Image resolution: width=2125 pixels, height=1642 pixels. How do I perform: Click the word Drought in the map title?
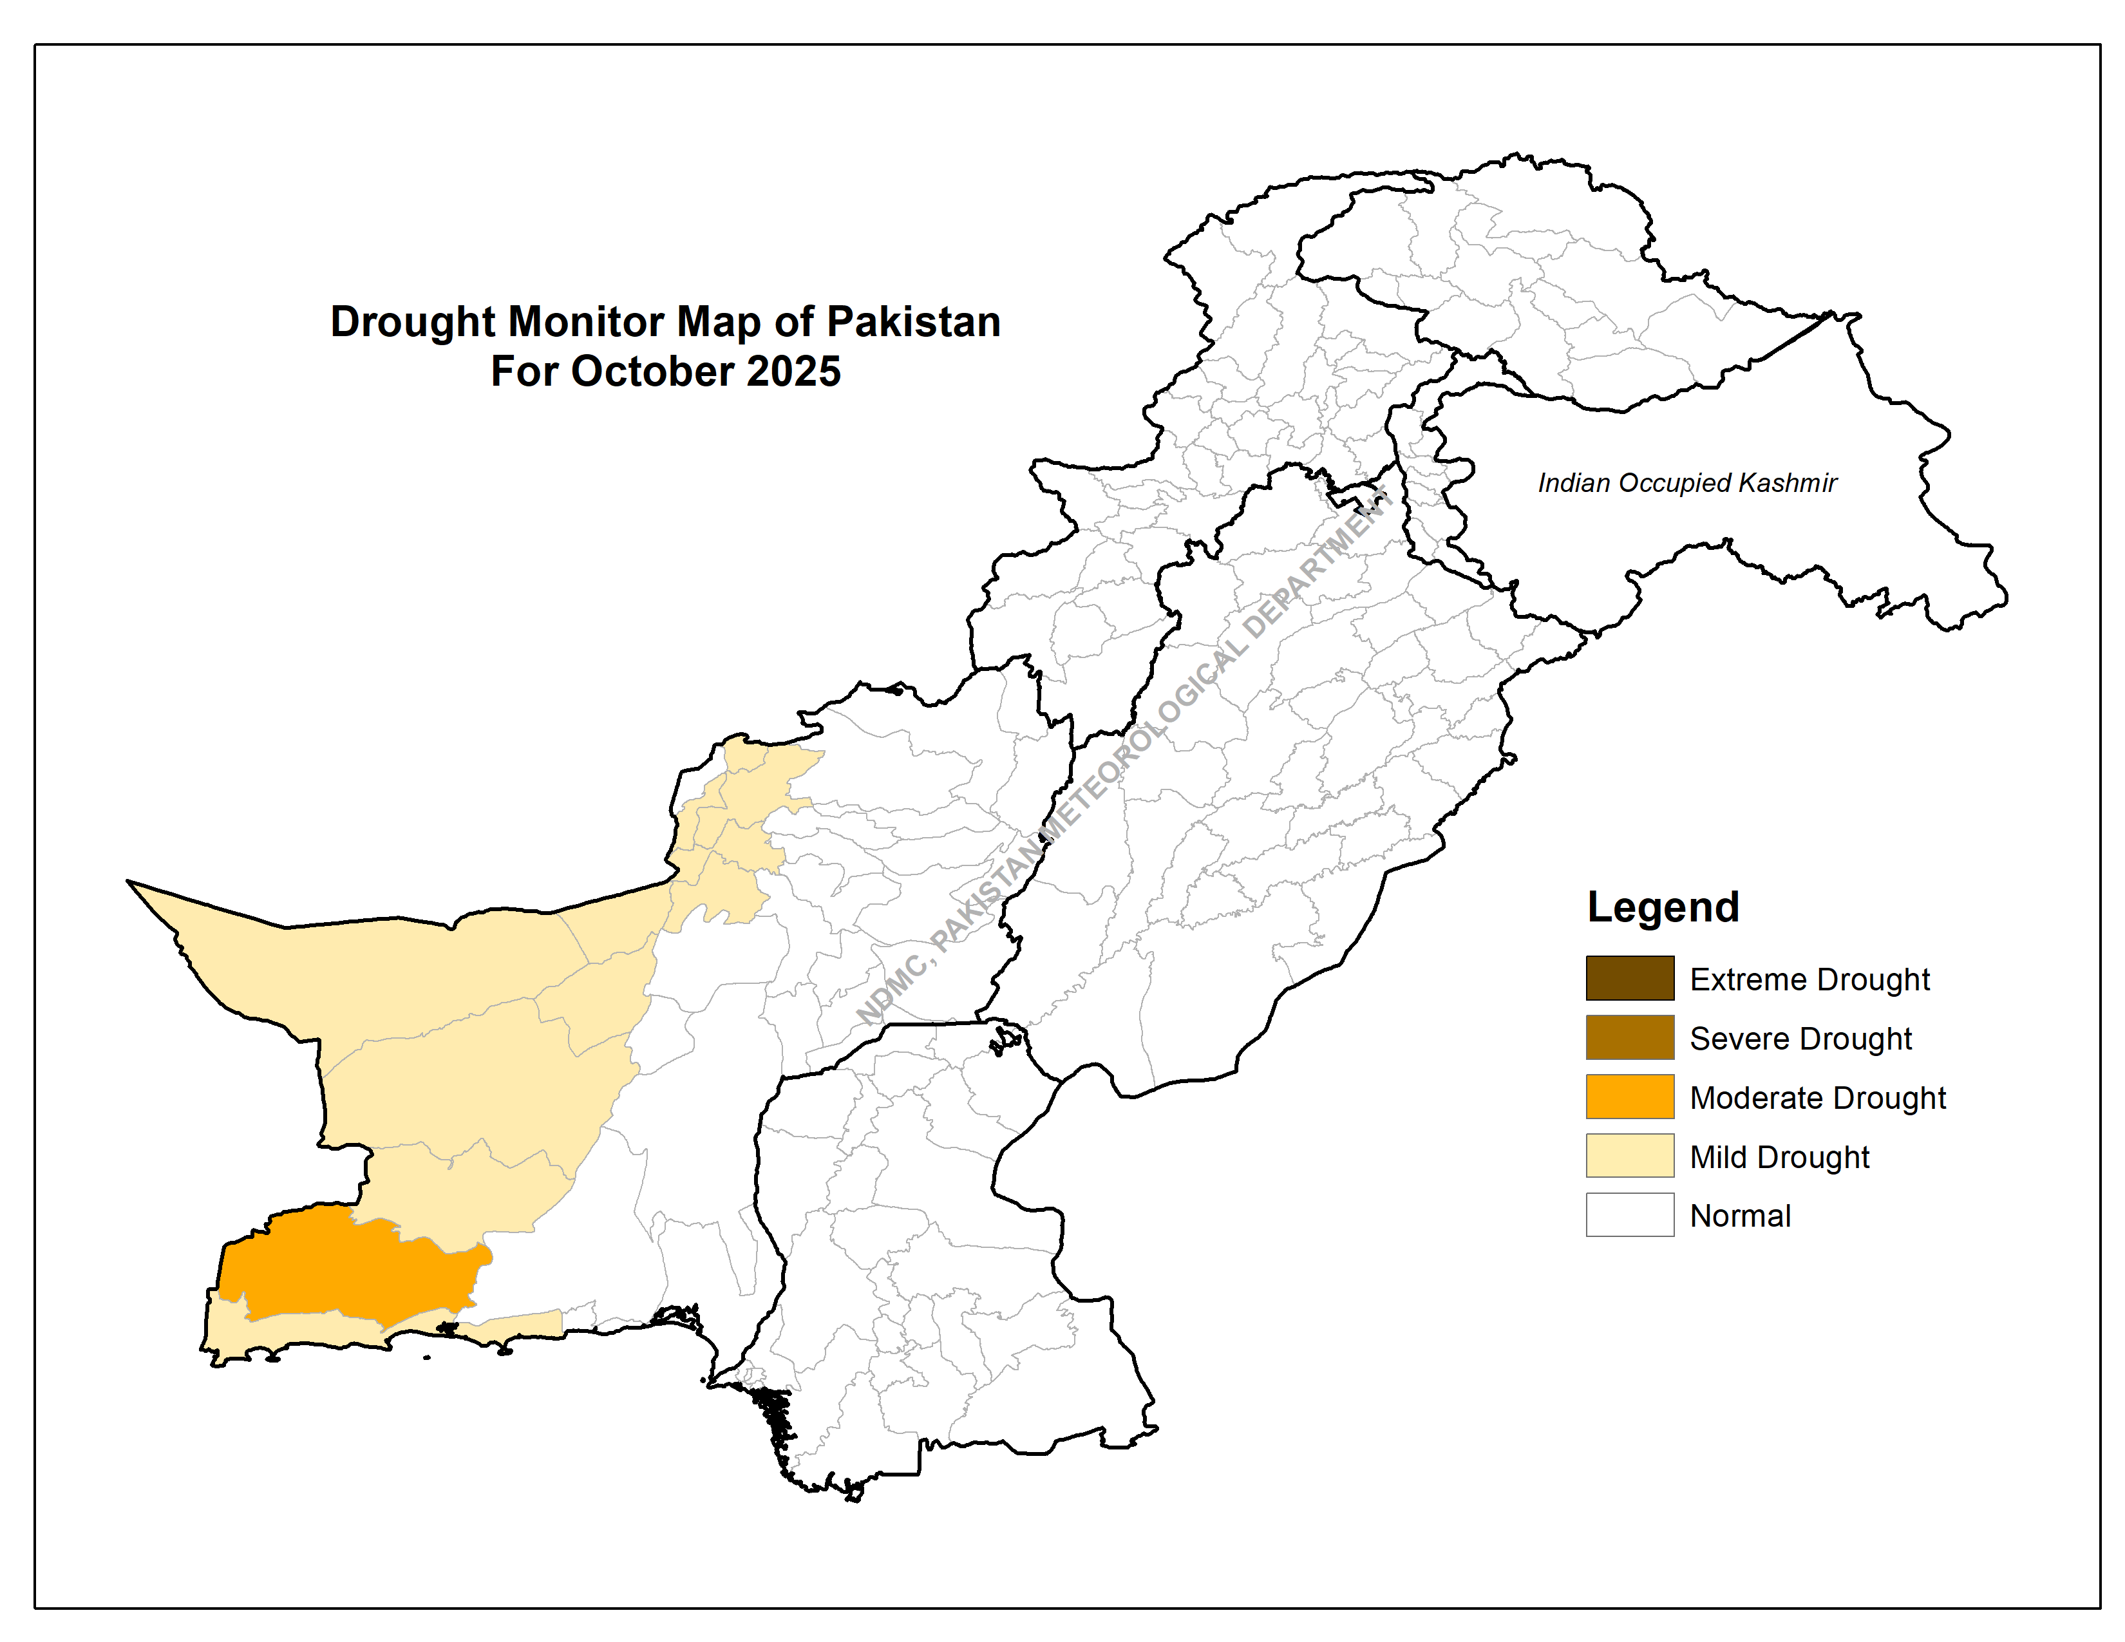tap(413, 322)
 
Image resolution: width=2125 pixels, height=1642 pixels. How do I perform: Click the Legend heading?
tap(1663, 907)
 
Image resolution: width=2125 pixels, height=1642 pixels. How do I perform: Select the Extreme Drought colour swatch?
tap(1630, 979)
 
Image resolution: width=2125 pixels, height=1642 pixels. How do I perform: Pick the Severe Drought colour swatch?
tap(1630, 1038)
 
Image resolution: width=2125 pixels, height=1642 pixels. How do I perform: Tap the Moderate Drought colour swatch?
tap(1630, 1097)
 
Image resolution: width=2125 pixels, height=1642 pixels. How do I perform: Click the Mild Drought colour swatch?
tap(1630, 1156)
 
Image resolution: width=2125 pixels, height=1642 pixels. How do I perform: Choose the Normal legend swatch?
tap(1630, 1215)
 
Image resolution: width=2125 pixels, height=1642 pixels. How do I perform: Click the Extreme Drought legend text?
tap(1809, 979)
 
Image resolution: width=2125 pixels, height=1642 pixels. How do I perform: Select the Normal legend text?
tap(1740, 1216)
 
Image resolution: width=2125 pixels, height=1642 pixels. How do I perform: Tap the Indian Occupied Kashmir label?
tap(1686, 484)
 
